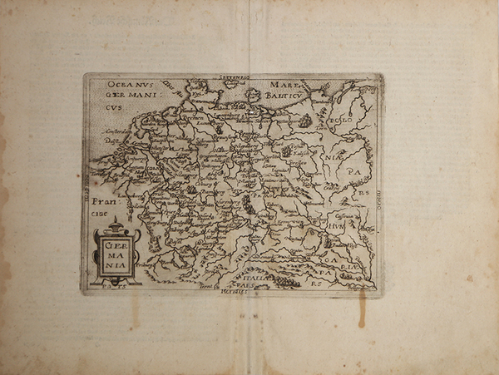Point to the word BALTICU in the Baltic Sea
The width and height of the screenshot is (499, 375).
[286, 95]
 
